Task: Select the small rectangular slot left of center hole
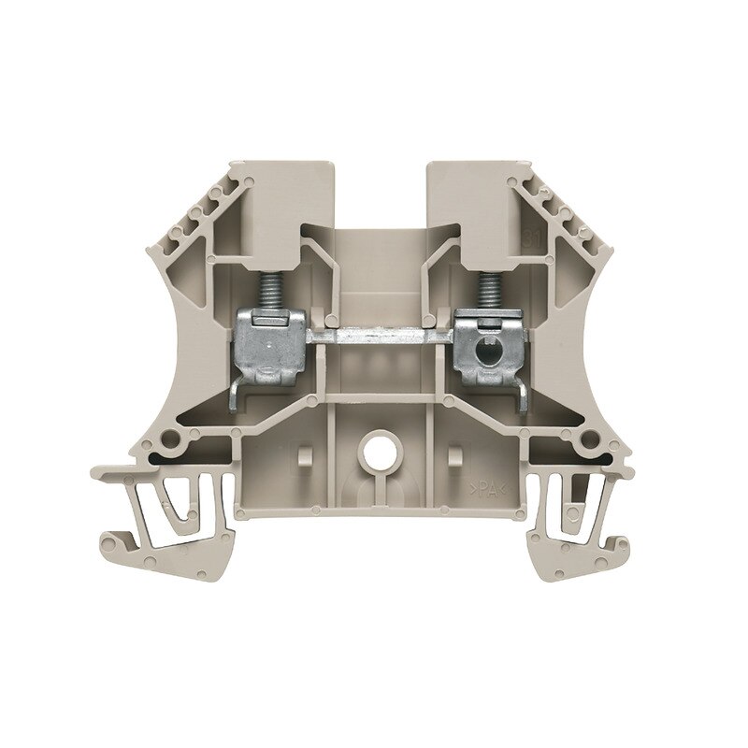pos(301,457)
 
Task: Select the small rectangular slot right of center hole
pos(455,457)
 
